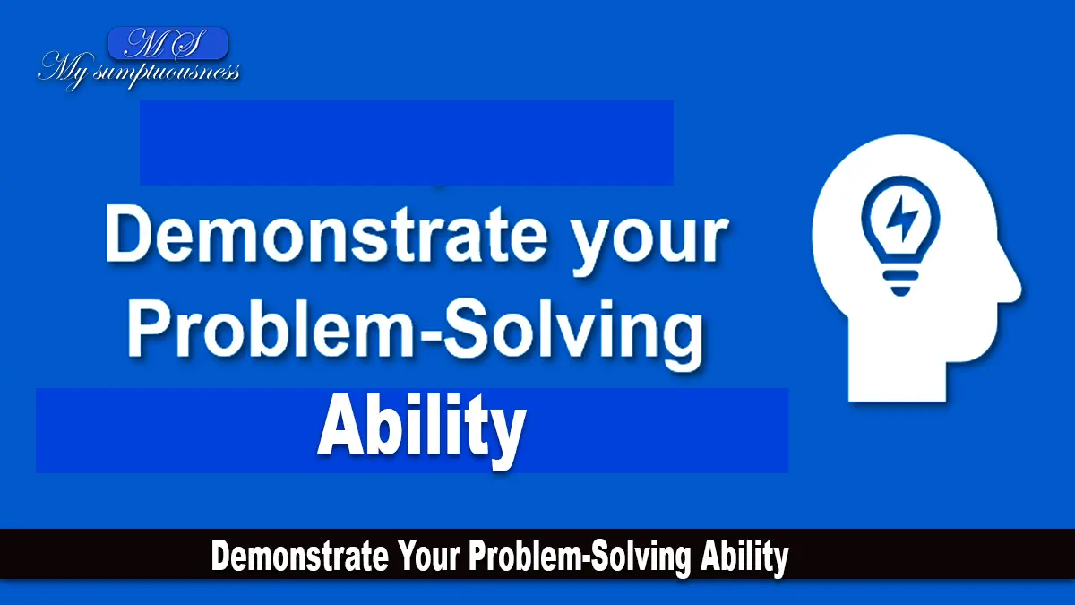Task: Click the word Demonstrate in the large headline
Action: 326,235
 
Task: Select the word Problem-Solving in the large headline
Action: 415,331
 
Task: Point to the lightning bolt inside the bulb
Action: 901,219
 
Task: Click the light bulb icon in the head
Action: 901,235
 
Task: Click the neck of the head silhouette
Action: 898,379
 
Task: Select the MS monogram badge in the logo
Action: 168,43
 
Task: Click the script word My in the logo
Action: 64,71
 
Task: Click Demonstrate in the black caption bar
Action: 300,556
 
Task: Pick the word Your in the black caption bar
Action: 427,556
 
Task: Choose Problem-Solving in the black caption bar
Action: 580,557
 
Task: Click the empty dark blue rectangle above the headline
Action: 407,143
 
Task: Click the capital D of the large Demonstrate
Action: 129,235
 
